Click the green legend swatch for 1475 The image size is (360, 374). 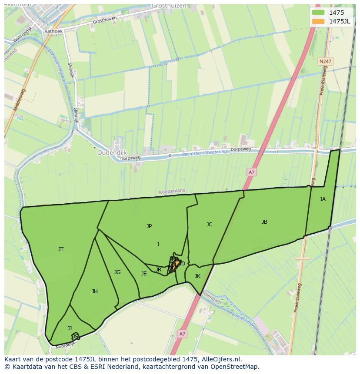[x=318, y=13]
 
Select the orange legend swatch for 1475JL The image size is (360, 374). [x=318, y=21]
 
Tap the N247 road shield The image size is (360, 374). [x=324, y=62]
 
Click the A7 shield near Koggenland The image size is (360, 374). [x=251, y=172]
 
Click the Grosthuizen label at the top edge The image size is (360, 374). [x=169, y=6]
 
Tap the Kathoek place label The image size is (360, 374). [x=53, y=31]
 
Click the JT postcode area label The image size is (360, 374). [x=61, y=249]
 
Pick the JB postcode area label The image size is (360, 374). [x=264, y=222]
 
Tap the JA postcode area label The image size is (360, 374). [x=323, y=199]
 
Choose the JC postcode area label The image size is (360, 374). [x=209, y=225]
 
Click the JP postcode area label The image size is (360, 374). [x=149, y=226]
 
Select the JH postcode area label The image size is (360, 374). [x=94, y=291]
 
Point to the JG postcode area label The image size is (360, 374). [x=117, y=272]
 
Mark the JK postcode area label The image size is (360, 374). [x=197, y=276]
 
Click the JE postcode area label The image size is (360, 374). [x=144, y=274]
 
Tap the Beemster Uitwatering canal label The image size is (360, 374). [x=204, y=153]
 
